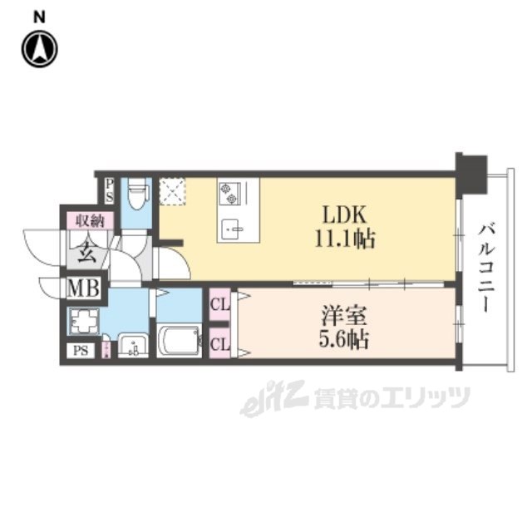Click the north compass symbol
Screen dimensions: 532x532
pos(39,49)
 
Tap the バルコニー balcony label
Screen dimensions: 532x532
pos(484,266)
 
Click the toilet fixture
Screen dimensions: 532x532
pos(138,196)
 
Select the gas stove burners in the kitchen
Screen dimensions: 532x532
pos(229,194)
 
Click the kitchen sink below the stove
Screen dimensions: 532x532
pos(233,227)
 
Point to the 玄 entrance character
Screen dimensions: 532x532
pos(86,253)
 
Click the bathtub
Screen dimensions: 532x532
pos(180,341)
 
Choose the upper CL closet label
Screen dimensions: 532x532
pos(220,305)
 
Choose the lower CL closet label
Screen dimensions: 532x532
pos(220,341)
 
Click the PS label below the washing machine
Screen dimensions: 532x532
pos(81,350)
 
